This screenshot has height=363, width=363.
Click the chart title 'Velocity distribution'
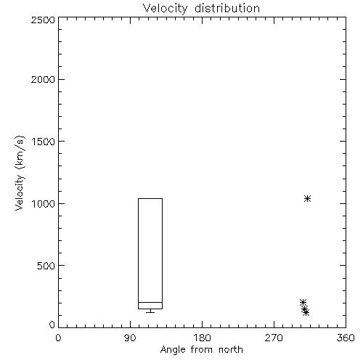pyautogui.click(x=201, y=8)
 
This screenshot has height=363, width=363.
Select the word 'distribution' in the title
pyautogui.click(x=227, y=8)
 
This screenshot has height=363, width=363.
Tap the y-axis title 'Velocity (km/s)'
pyautogui.click(x=20, y=173)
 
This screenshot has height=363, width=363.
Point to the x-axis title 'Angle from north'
pyautogui.click(x=201, y=350)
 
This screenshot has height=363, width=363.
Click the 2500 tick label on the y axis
pyautogui.click(x=43, y=20)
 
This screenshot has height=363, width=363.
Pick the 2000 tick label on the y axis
pyautogui.click(x=43, y=79)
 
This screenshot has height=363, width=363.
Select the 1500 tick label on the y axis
pyautogui.click(x=44, y=142)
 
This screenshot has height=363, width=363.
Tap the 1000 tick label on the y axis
pyautogui.click(x=44, y=204)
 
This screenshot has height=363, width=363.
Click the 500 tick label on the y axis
pyautogui.click(x=46, y=266)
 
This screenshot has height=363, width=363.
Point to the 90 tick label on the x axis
pyautogui.click(x=130, y=338)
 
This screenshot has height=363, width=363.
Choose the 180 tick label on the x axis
pyautogui.click(x=202, y=338)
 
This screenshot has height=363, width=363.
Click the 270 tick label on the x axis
pyautogui.click(x=274, y=338)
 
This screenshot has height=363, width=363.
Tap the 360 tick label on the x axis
pyautogui.click(x=346, y=338)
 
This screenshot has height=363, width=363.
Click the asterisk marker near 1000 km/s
pyautogui.click(x=307, y=199)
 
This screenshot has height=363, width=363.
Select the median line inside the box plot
pyautogui.click(x=150, y=302)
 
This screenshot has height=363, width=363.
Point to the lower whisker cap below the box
pyautogui.click(x=150, y=312)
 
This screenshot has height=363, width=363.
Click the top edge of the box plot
pyautogui.click(x=150, y=199)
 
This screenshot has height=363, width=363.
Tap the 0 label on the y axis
pyautogui.click(x=52, y=325)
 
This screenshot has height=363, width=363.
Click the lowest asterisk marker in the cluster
pyautogui.click(x=306, y=313)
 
